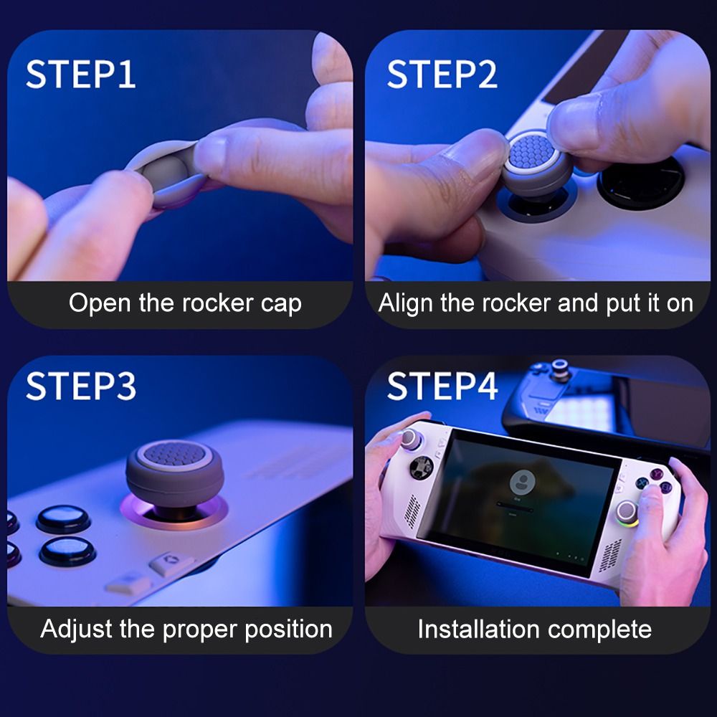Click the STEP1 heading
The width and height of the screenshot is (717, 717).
click(80, 75)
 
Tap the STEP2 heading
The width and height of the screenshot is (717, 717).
click(442, 75)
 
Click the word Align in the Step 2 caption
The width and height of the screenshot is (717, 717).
click(406, 303)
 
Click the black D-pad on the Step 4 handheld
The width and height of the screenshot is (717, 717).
click(417, 471)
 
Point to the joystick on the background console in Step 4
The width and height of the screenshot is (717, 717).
click(561, 371)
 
